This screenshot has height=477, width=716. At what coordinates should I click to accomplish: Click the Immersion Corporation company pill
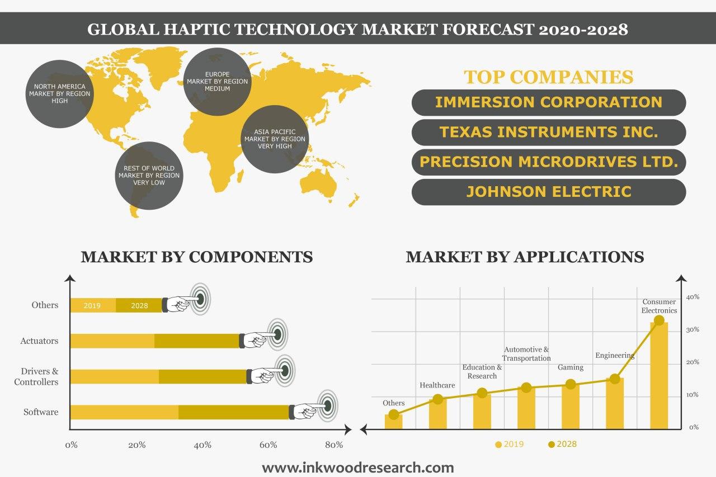pos(549,102)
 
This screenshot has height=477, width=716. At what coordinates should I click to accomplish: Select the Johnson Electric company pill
pos(549,192)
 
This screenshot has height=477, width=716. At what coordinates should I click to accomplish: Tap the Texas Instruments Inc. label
pos(549,132)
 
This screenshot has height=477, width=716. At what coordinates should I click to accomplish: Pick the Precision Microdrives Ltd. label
pos(549,162)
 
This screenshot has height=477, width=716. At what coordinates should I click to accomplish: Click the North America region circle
pos(59,93)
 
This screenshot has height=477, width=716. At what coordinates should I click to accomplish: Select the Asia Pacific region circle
pos(275,139)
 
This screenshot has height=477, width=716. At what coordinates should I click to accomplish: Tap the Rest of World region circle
pos(149,176)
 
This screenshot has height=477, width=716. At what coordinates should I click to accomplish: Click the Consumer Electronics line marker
pos(659,320)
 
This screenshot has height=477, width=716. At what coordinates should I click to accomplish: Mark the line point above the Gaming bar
pos(571,384)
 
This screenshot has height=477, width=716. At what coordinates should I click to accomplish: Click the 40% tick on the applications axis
pos(693,297)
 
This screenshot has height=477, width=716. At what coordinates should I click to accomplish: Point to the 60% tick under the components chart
pos(268,445)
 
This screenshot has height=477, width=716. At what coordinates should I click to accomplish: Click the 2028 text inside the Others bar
pos(139,306)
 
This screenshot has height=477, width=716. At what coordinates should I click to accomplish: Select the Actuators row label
pos(39,341)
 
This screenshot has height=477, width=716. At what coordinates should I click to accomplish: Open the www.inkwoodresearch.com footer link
pos(358,467)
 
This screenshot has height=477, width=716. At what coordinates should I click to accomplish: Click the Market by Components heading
pos(197,257)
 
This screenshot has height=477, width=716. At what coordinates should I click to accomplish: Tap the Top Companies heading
pos(549,77)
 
